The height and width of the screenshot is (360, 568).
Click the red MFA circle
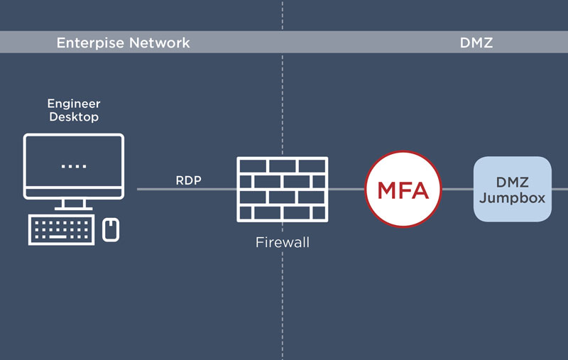(403, 190)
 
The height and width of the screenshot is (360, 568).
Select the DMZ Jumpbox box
(513, 189)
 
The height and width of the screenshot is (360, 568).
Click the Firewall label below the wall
(283, 243)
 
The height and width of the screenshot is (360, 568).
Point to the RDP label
(189, 180)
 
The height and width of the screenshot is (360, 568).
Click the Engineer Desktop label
(74, 110)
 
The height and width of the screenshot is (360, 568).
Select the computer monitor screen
(73, 165)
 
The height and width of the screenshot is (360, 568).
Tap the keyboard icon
(62, 229)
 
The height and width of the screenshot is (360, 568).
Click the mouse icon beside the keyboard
(111, 229)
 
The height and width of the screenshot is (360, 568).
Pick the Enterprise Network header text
(124, 43)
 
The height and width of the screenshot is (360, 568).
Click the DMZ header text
(476, 43)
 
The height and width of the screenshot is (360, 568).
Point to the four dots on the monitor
(73, 166)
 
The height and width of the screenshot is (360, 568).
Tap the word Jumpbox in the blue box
(513, 198)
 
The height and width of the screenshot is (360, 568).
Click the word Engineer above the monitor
(74, 104)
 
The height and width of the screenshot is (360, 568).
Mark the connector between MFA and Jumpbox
(458, 190)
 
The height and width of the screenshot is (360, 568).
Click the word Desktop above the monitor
(74, 116)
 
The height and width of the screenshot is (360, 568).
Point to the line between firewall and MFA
(346, 190)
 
